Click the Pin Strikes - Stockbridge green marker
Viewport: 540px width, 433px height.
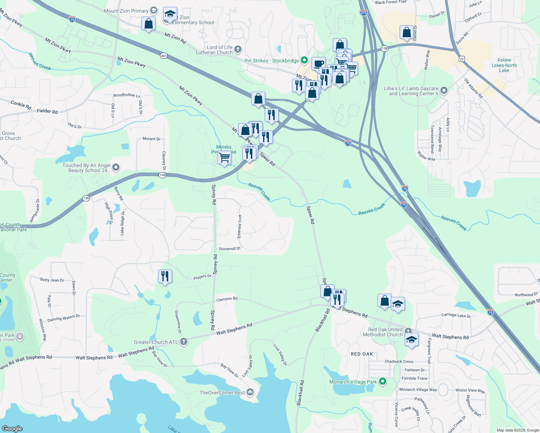pyautogui.click(x=304, y=60)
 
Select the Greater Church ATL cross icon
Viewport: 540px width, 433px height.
pyautogui.click(x=184, y=342)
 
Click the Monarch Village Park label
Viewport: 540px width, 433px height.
pyautogui.click(x=353, y=382)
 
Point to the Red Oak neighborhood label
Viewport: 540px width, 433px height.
pyautogui.click(x=362, y=354)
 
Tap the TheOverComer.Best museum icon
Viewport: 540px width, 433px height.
pyautogui.click(x=250, y=392)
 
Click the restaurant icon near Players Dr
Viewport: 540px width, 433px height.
pyautogui.click(x=165, y=276)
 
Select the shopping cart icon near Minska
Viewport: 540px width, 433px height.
pyautogui.click(x=225, y=157)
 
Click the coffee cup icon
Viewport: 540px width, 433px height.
pyautogui.click(x=318, y=64)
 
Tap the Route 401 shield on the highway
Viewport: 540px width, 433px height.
pyautogui.click(x=164, y=56)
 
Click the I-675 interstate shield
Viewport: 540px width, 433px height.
pyautogui.click(x=363, y=13)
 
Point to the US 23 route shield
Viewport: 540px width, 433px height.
pyautogui.click(x=462, y=58)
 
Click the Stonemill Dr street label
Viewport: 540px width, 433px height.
pyautogui.click(x=229, y=249)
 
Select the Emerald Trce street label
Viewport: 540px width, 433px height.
pyautogui.click(x=240, y=226)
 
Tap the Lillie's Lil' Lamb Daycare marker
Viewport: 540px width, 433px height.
pyautogui.click(x=444, y=90)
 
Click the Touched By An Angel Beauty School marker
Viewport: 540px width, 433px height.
pyautogui.click(x=116, y=167)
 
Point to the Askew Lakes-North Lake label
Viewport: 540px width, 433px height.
pyautogui.click(x=504, y=65)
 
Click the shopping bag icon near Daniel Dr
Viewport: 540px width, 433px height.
pyautogui.click(x=406, y=32)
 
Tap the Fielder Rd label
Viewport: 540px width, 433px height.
pyautogui.click(x=47, y=111)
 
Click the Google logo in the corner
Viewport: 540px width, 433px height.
pyautogui.click(x=12, y=428)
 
